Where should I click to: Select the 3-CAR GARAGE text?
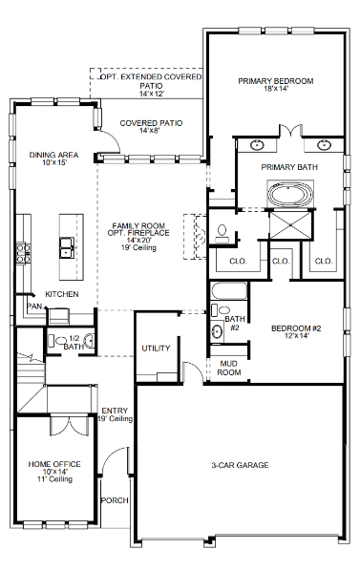[240, 465]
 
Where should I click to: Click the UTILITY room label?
[156, 349]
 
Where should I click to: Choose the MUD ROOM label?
[228, 368]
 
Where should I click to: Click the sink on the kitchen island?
[68, 250]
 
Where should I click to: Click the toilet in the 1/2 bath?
[64, 339]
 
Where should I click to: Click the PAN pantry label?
[34, 307]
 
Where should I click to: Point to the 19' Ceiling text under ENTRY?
[115, 418]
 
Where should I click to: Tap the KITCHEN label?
[62, 294]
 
